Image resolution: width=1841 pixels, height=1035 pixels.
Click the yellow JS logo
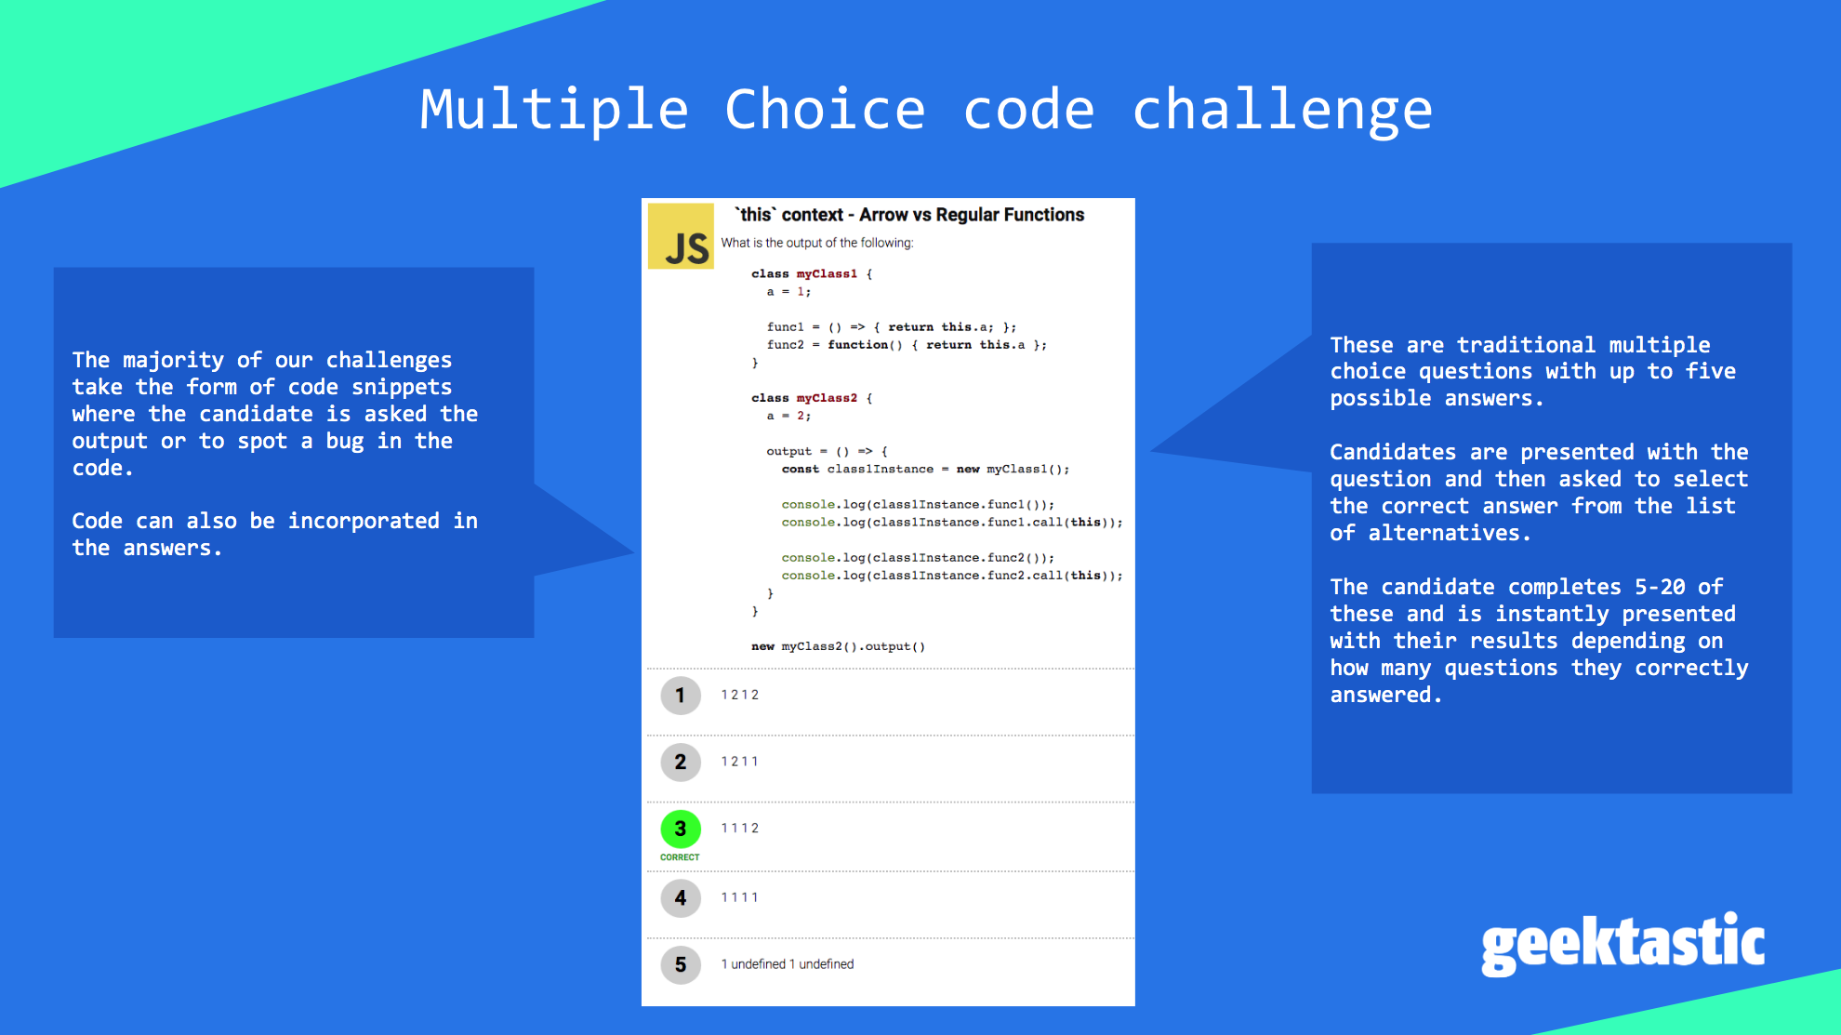click(681, 236)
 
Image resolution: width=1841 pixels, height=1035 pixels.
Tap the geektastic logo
click(1622, 944)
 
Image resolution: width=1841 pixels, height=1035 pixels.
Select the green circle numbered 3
click(681, 829)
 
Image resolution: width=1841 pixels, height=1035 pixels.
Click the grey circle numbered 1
click(681, 696)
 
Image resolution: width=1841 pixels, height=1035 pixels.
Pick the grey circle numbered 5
click(681, 965)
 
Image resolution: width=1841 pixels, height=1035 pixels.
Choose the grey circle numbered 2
click(681, 763)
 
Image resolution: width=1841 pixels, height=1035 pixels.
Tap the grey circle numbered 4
click(681, 898)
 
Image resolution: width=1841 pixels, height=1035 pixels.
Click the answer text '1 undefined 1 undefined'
click(788, 964)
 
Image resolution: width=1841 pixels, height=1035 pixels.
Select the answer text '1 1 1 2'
click(740, 829)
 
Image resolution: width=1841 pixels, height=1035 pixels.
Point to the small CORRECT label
click(680, 857)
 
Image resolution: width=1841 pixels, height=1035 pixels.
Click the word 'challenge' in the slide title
click(1282, 111)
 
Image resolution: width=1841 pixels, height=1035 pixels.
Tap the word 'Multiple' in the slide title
click(554, 111)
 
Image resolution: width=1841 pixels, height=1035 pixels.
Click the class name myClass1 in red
click(827, 274)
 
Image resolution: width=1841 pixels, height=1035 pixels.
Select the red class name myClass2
click(827, 398)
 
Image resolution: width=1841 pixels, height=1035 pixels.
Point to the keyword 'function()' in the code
click(866, 345)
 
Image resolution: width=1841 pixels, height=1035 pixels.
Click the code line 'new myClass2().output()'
click(839, 646)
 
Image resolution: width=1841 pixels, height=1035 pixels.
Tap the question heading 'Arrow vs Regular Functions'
click(972, 215)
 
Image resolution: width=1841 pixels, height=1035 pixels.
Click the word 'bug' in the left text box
click(345, 442)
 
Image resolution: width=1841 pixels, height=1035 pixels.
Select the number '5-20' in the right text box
click(1660, 587)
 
